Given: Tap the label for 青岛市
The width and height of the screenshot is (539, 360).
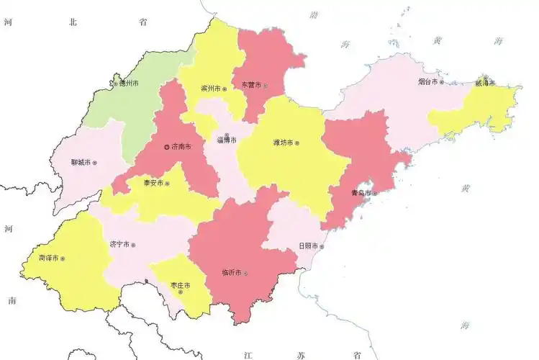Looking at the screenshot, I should tap(359, 193).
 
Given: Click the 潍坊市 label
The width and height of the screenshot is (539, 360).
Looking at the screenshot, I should tap(283, 143).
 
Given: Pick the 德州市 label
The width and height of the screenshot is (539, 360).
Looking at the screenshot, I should tap(129, 84).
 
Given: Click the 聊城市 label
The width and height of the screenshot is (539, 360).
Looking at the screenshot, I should tap(81, 163).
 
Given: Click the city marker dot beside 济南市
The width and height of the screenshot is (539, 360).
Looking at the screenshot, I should tap(167, 147).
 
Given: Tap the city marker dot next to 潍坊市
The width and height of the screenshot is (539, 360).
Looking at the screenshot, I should tap(296, 143).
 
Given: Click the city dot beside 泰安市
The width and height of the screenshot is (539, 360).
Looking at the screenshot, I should tap(167, 184).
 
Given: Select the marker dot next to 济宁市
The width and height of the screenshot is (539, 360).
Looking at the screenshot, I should tap(133, 245).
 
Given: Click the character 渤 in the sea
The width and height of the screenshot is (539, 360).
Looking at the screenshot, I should tap(313, 14).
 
